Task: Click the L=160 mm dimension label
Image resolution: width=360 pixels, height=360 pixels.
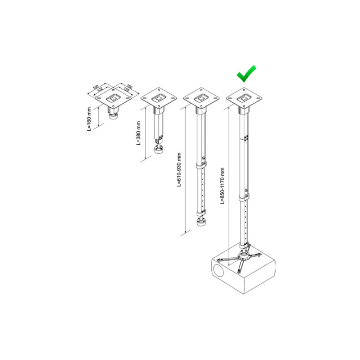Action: tap(89, 119)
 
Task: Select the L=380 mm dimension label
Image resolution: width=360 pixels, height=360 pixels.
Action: tap(138, 133)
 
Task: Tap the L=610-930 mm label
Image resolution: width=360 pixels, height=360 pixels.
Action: tap(179, 170)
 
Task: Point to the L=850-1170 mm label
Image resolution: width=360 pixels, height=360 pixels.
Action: tap(222, 186)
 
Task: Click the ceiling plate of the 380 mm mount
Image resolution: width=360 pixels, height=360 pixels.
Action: tap(159, 98)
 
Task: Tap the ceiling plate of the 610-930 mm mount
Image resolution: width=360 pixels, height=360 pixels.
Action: tap(201, 98)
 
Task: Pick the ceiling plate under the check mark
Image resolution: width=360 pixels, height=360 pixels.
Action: tap(244, 98)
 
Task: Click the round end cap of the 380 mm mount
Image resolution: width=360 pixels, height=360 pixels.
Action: tap(158, 150)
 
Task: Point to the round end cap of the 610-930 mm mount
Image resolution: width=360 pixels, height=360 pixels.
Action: tap(201, 222)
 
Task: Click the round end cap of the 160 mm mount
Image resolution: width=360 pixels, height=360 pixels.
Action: tap(113, 117)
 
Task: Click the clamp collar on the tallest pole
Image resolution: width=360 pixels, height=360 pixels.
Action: tap(243, 198)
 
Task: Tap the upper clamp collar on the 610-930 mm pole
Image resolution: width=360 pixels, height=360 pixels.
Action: tap(201, 166)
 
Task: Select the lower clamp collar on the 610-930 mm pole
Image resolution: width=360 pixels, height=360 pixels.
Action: tap(201, 213)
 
